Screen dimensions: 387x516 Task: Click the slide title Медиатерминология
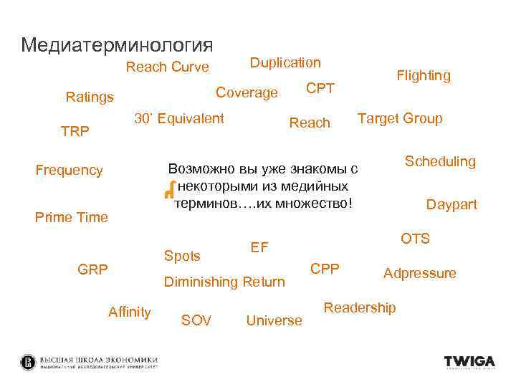117,45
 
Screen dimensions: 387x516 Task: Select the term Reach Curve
167,67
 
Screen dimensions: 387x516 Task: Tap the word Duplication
285,63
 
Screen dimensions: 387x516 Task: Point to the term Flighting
424,75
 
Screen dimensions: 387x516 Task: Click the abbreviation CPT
320,89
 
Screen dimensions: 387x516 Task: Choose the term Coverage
247,93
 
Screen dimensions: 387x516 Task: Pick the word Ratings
90,97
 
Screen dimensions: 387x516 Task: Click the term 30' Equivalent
179,118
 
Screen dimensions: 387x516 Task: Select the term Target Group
400,118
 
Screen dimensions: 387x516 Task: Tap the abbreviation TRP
75,133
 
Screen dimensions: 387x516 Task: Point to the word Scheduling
440,161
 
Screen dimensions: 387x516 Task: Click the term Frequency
70,171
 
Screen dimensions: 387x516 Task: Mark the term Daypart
451,205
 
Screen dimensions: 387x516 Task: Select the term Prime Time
72,217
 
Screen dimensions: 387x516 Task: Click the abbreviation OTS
415,239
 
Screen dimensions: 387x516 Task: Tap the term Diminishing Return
224,282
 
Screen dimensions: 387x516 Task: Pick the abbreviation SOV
196,320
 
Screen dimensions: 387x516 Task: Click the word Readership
360,307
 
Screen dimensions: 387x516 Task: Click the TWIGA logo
469,362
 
